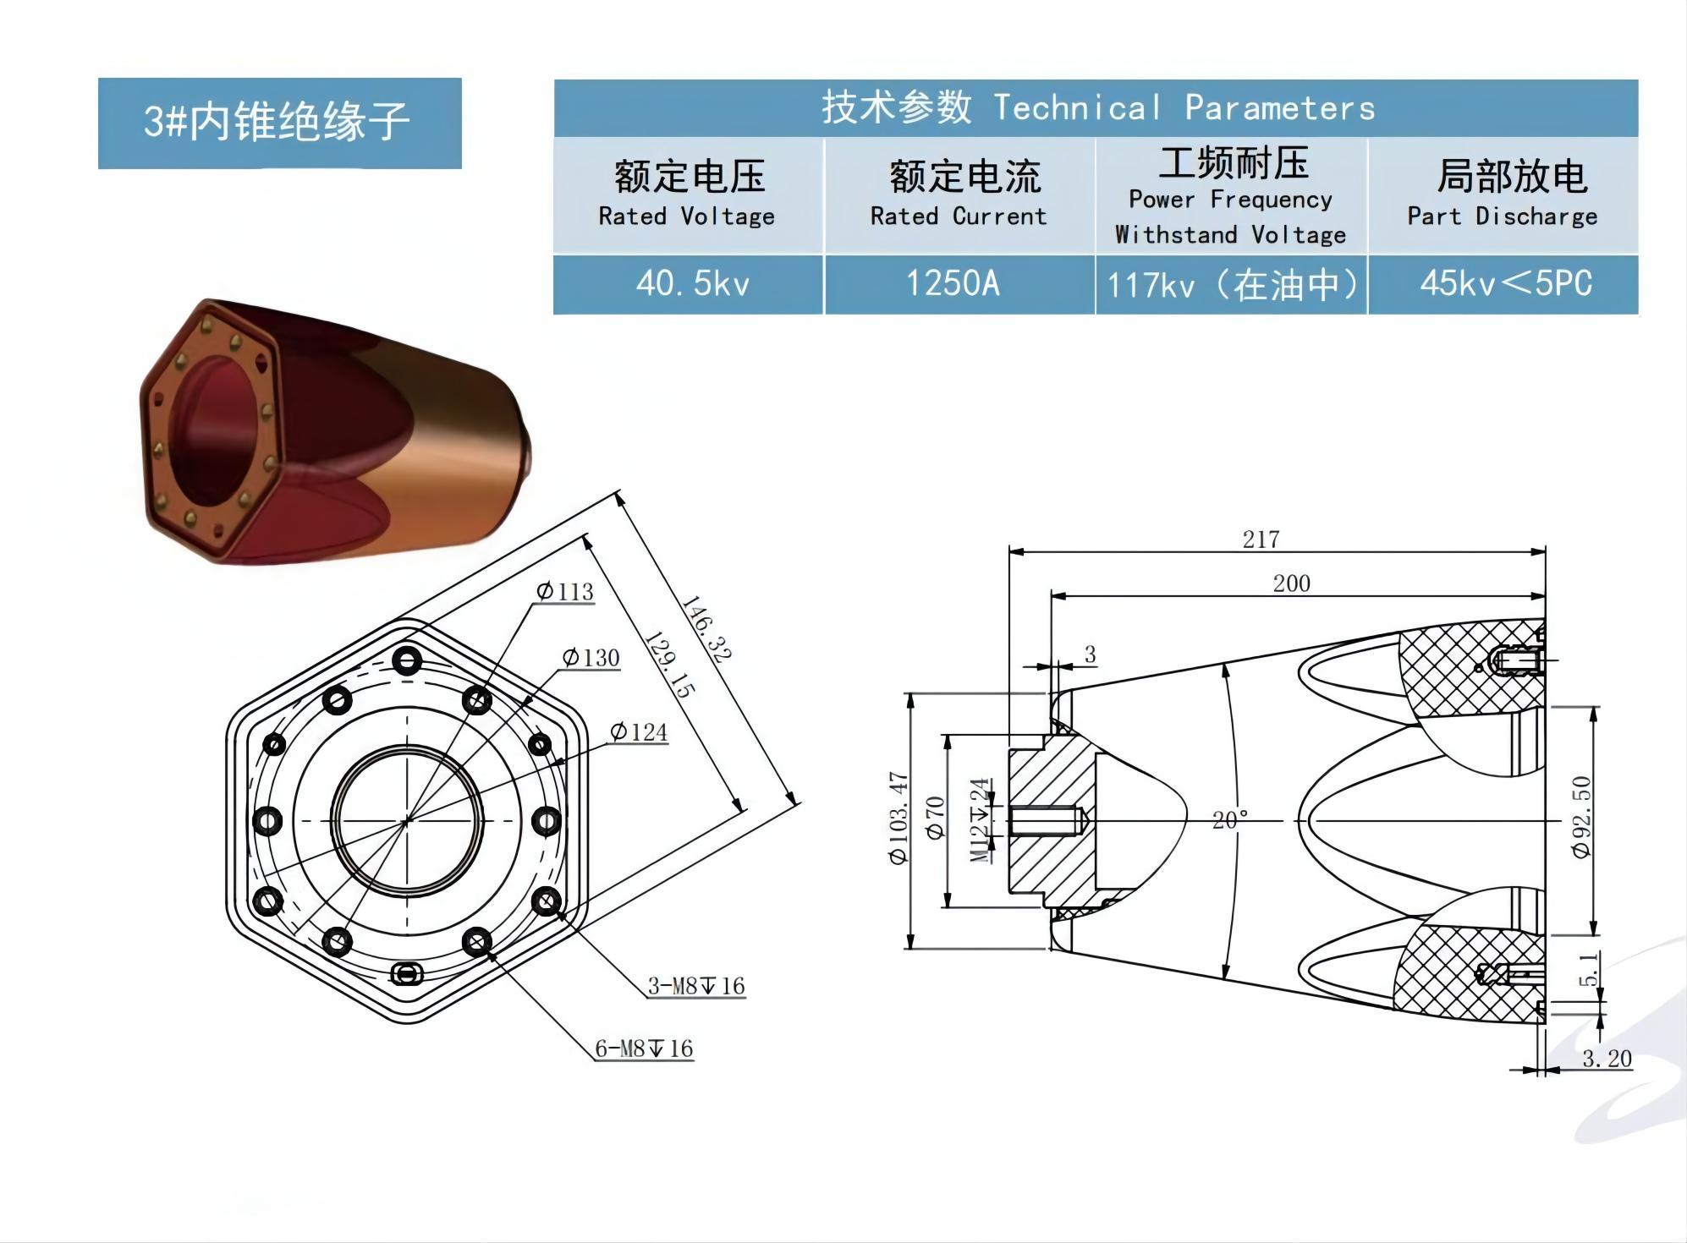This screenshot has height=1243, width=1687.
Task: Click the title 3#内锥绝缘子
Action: click(278, 122)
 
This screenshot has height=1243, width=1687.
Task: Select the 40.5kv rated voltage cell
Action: click(692, 284)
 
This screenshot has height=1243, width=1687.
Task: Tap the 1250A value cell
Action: click(953, 284)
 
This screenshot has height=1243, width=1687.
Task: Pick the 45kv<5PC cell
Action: click(1506, 284)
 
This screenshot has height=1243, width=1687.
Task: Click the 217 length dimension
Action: click(1261, 539)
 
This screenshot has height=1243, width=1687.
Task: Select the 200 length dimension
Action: click(1291, 583)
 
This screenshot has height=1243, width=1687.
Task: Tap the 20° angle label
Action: click(1230, 820)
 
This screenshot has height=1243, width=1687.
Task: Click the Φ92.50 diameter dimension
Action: click(1581, 817)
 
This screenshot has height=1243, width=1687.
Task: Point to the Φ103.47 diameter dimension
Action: click(898, 817)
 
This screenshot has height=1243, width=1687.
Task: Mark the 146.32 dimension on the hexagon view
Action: click(706, 629)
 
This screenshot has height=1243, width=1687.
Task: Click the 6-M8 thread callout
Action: click(644, 1049)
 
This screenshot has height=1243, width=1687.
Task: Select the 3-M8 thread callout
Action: click(696, 986)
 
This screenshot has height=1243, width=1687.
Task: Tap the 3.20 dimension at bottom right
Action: click(1607, 1059)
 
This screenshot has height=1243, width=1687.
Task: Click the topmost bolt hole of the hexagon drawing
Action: click(408, 660)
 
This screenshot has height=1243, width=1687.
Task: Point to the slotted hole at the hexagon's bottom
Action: click(408, 974)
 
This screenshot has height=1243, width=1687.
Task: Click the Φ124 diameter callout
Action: click(639, 732)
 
